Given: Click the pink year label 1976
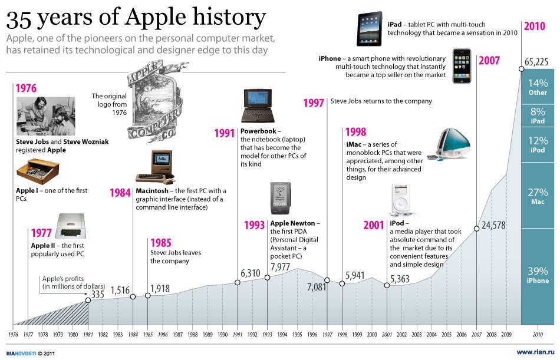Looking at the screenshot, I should pos(26,89).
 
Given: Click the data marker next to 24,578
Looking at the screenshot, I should pos(476,229).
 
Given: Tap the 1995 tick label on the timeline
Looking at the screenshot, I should pos(298,334).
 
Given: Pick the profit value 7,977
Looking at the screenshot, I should pos(281,267).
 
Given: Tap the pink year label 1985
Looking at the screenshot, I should pos(162,243).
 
